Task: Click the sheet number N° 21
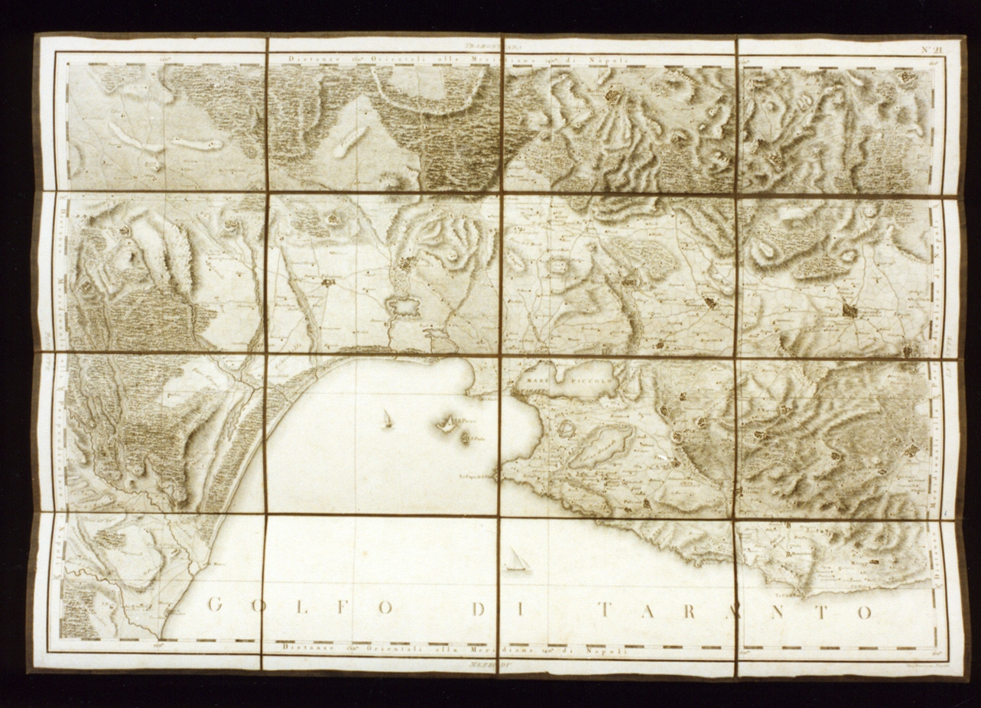click(x=931, y=51)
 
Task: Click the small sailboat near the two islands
click(x=388, y=418)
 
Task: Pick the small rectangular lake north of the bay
click(x=404, y=307)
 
